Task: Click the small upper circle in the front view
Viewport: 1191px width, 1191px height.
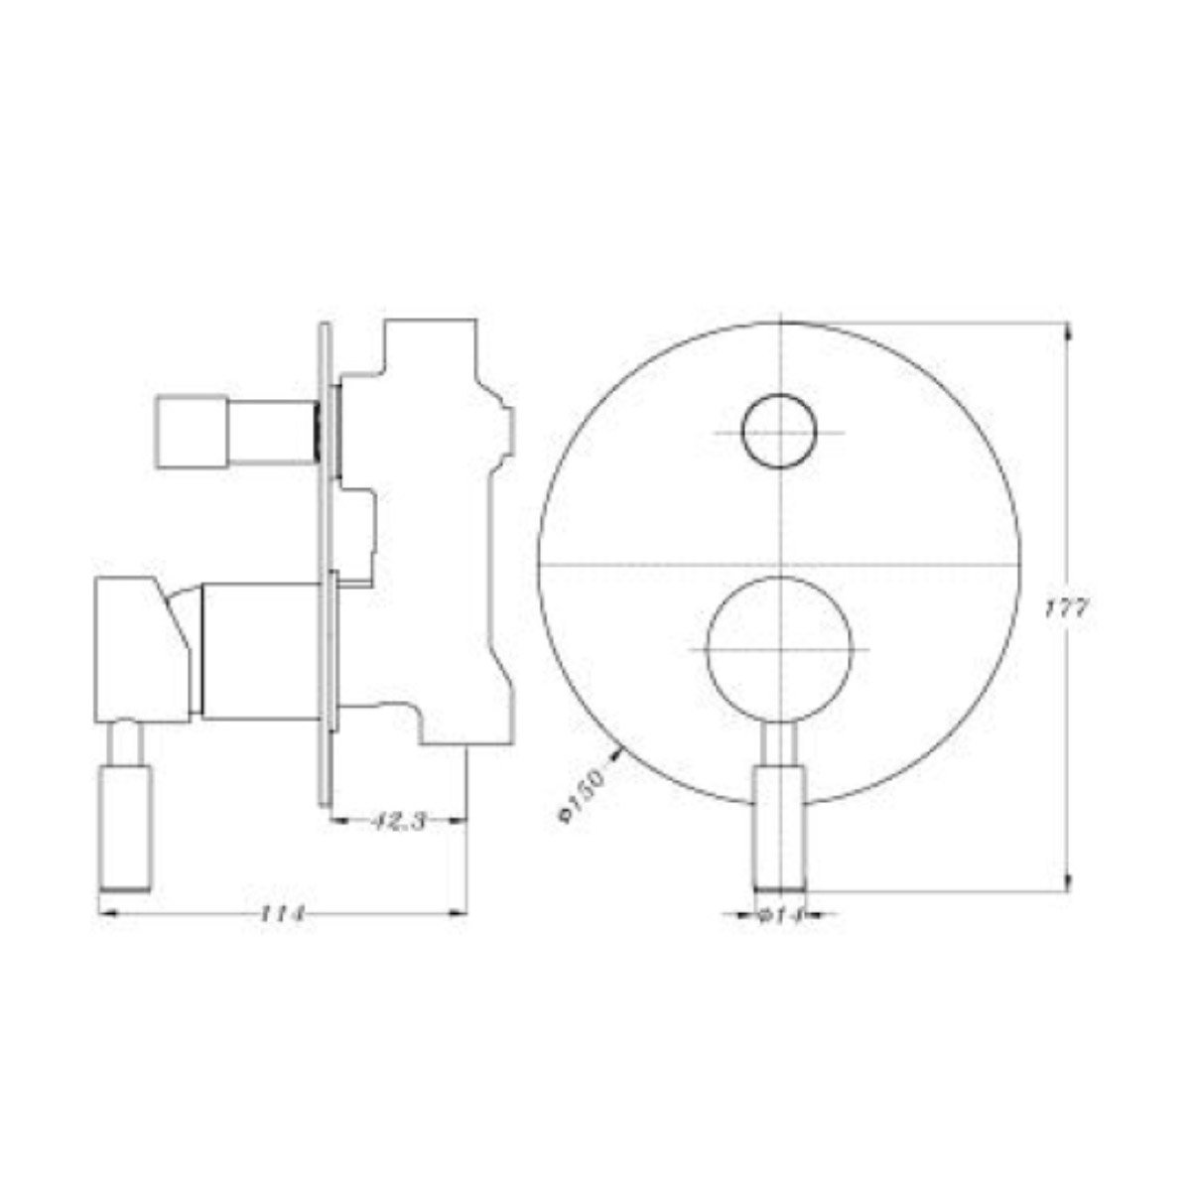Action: click(780, 432)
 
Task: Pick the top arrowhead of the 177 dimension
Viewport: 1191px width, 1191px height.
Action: click(1068, 332)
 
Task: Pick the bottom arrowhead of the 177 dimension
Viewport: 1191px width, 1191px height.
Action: click(1068, 881)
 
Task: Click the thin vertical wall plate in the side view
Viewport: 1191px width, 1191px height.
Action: click(325, 566)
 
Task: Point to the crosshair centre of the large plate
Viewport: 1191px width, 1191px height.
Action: click(781, 563)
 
